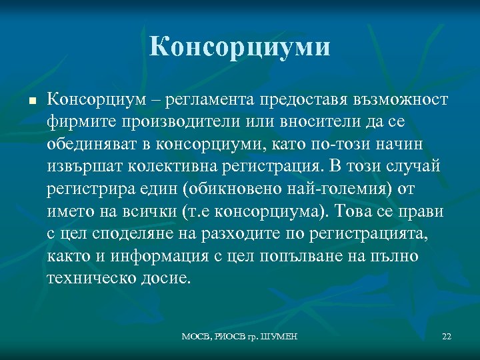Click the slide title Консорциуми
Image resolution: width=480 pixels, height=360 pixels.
point(240,47)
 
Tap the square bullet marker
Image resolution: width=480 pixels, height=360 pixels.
point(31,101)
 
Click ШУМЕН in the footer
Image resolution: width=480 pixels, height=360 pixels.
point(275,336)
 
